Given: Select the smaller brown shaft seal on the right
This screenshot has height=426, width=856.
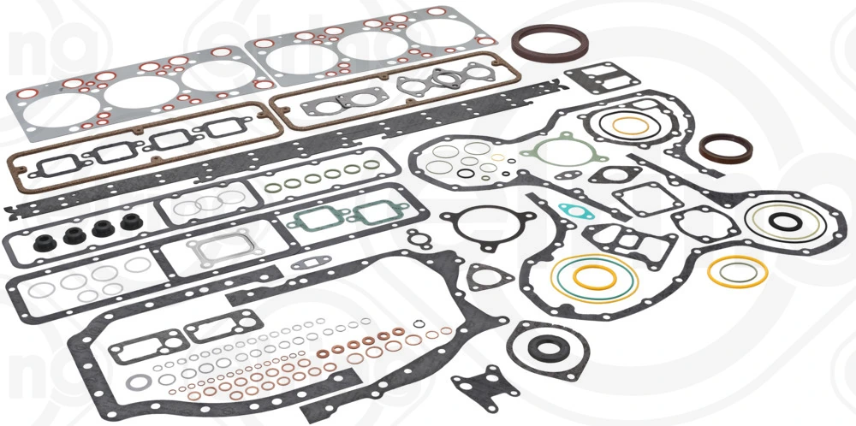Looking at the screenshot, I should point(726,148).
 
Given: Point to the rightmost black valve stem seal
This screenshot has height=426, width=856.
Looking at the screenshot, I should point(130,222).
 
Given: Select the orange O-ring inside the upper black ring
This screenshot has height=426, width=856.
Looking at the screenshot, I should point(631,125).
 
